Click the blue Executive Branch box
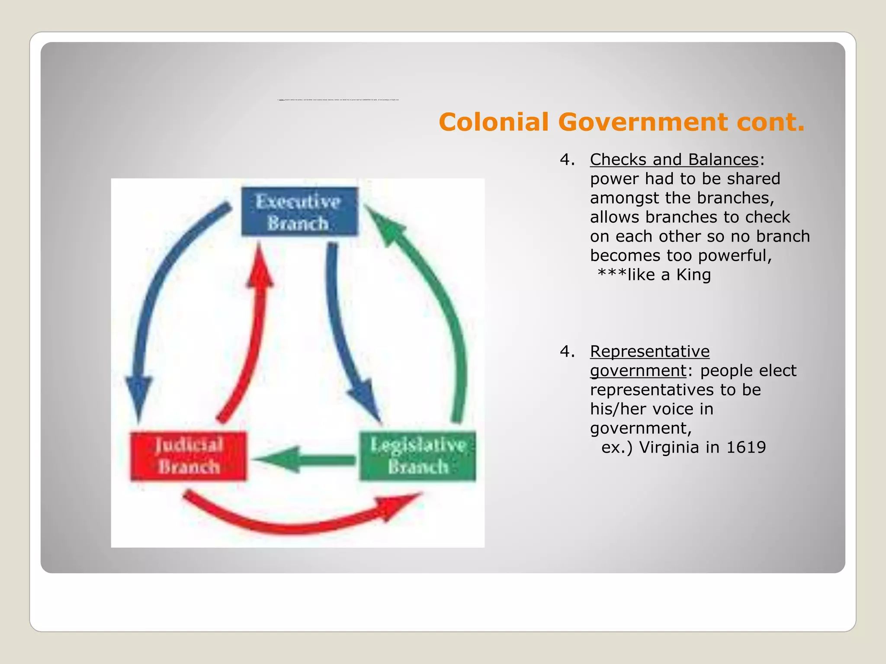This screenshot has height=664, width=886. point(299,212)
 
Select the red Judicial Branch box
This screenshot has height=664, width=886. point(189,456)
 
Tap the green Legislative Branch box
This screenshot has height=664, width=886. point(417,456)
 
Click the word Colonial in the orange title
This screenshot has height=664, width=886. point(494,122)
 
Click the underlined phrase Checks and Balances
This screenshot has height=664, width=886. point(674,160)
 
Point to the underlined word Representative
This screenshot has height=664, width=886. point(650,351)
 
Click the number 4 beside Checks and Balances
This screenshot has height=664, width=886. point(564,160)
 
